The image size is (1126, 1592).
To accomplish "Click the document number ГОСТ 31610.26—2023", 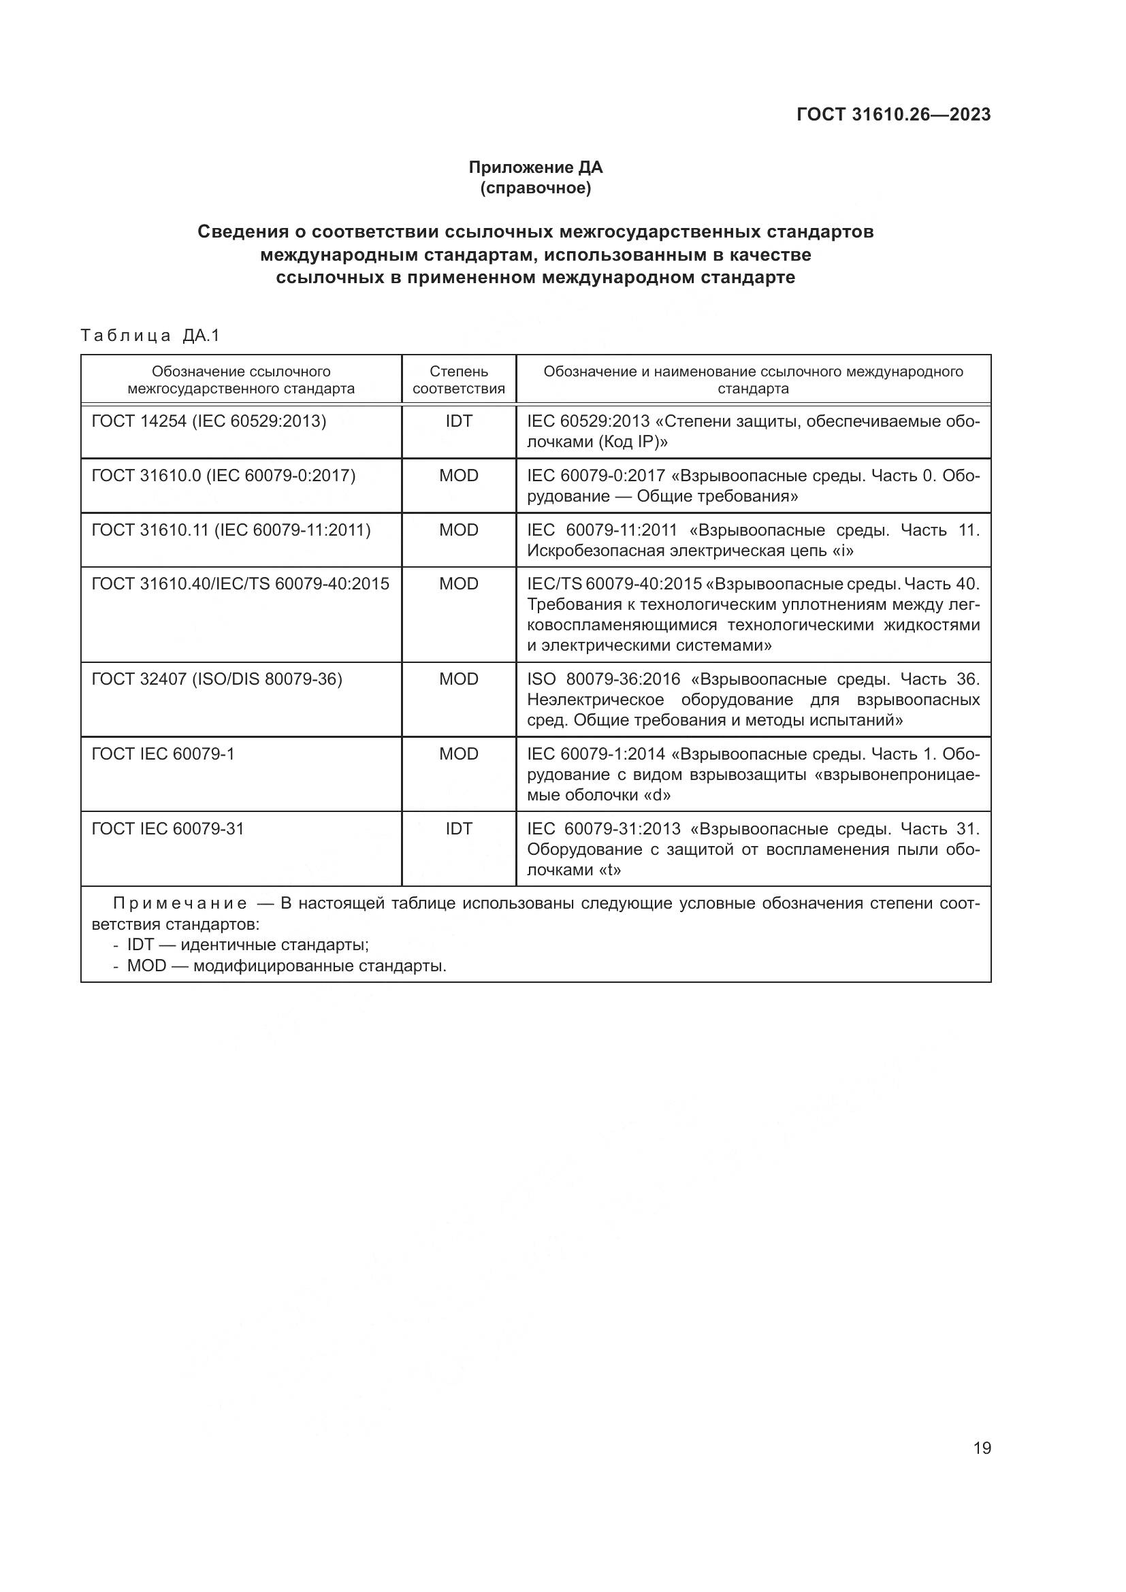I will pos(893,114).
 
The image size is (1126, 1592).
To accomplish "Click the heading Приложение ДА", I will pos(535,167).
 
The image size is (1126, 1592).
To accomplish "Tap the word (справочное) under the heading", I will pos(535,188).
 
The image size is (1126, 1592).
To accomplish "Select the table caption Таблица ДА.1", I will pos(150,336).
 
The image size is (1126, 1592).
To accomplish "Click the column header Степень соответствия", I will pos(458,380).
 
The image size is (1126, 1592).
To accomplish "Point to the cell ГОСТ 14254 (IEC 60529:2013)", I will pos(209,421).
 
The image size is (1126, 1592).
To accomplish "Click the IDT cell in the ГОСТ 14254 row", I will pos(458,421).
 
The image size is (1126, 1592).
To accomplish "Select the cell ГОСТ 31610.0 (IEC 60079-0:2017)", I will pos(223,476).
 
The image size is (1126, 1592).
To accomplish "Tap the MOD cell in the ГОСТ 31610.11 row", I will pos(458,530).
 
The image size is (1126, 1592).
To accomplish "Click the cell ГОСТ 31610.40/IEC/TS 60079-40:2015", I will pos(240,584).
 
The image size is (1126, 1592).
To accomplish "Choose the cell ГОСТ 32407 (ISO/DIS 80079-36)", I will pos(217,679).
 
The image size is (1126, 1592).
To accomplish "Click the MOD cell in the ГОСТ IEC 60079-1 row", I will pos(458,753).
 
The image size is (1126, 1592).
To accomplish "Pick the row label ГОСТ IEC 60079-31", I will pos(167,828).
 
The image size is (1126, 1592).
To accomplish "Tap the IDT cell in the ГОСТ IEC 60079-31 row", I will pos(458,828).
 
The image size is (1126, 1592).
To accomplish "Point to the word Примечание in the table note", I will pos(180,903).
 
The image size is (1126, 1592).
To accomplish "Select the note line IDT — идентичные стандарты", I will pos(248,945).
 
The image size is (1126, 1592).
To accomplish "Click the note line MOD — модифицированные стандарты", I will pos(287,966).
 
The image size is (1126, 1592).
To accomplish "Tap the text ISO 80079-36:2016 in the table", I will pos(604,679).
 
